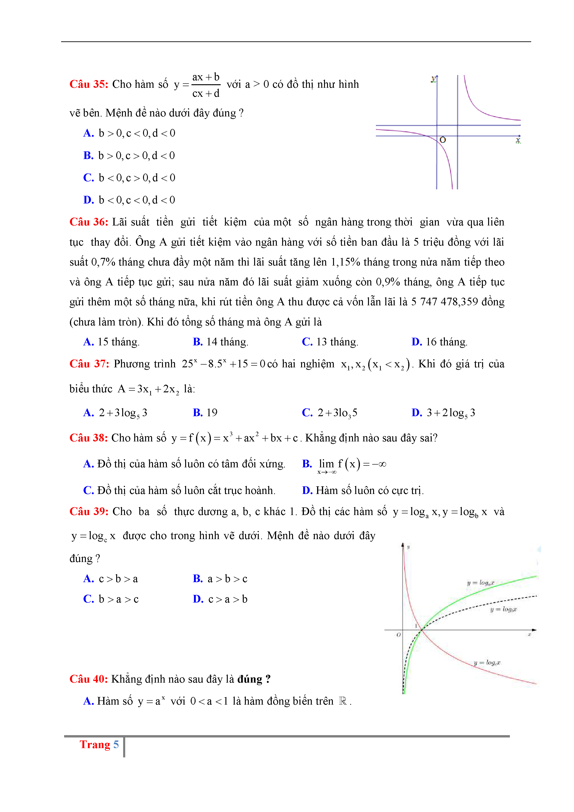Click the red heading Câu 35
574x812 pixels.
(89, 84)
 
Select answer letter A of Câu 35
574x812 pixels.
(88, 133)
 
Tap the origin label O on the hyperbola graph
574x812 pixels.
(443, 140)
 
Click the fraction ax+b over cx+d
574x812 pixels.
(206, 85)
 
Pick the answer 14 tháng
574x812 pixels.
(227, 342)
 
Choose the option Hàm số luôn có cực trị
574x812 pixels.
(370, 490)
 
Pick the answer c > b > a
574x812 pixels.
(118, 579)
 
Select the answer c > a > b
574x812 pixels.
(228, 599)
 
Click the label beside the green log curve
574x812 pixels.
(480, 583)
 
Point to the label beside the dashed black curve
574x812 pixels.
(503, 609)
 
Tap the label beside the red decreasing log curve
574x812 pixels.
(487, 662)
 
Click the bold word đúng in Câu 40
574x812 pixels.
(250, 679)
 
